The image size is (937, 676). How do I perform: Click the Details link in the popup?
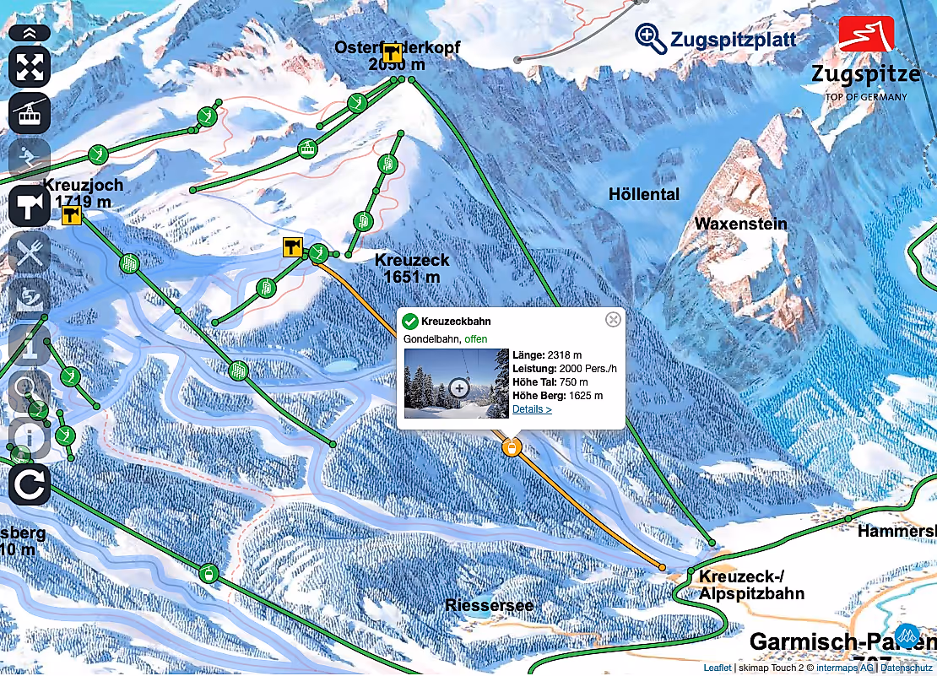pos(532,409)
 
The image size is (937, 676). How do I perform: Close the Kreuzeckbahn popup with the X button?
pos(614,319)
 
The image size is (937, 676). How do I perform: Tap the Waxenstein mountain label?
pos(740,224)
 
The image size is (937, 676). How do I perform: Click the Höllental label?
pos(643,195)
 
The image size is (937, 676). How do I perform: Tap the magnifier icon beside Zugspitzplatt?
pos(651,38)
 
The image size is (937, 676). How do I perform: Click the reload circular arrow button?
pos(30,485)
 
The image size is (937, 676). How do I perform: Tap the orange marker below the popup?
pos(511,447)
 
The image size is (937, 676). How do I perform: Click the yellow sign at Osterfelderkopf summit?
pos(392,52)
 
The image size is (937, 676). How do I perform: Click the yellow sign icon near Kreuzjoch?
pos(72,216)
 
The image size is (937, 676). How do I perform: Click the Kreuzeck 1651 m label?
pos(411,268)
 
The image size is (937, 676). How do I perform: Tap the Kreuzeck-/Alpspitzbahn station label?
pos(750,585)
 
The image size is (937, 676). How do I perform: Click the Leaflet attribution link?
pos(717,668)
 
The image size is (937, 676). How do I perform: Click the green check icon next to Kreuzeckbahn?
pos(410,321)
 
